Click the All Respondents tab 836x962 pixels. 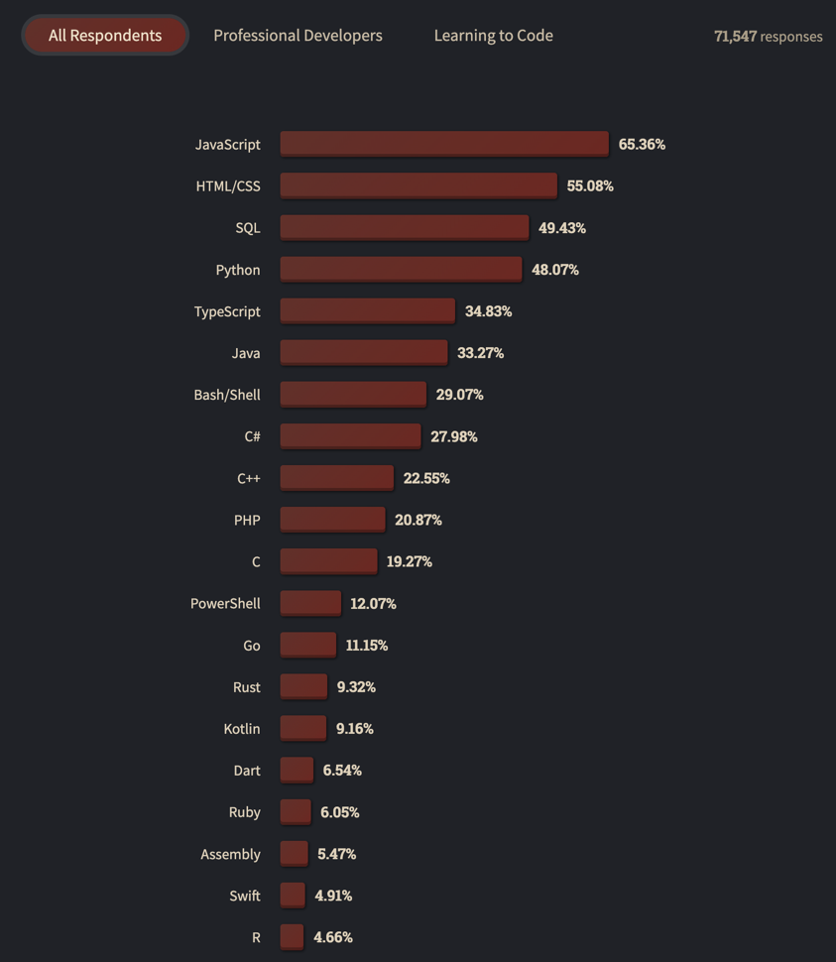(105, 36)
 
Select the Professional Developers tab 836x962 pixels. (298, 36)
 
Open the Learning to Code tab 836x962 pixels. (493, 36)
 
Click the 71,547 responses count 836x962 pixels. (768, 37)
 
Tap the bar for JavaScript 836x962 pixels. (443, 144)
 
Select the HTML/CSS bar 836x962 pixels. (418, 185)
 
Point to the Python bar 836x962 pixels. (401, 269)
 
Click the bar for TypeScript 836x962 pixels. (367, 310)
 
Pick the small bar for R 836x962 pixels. (292, 936)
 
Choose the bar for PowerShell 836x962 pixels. (310, 603)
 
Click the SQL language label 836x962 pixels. (248, 228)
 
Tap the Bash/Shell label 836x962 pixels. (227, 395)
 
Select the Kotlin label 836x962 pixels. (242, 729)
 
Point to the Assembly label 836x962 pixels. (230, 854)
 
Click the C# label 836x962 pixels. (252, 436)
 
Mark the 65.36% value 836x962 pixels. (642, 144)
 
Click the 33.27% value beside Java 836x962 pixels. (480, 353)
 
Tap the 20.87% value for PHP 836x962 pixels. (418, 520)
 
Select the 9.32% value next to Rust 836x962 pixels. (356, 686)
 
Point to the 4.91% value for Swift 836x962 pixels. (333, 896)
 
